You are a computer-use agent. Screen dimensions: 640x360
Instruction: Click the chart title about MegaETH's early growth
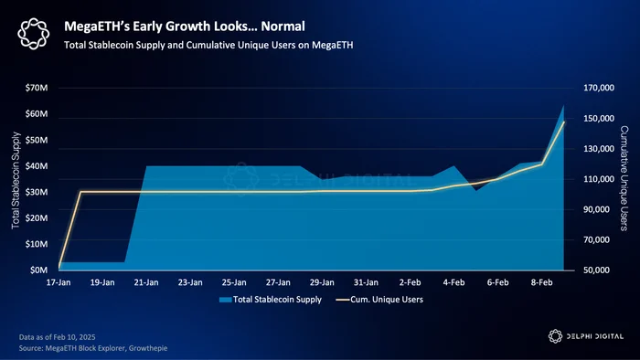pyautogui.click(x=185, y=26)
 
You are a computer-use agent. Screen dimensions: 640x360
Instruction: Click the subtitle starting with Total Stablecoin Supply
pyautogui.click(x=208, y=45)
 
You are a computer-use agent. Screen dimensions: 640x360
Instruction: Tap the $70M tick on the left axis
pyautogui.click(x=37, y=88)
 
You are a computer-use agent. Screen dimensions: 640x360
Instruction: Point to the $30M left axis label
pyautogui.click(x=37, y=192)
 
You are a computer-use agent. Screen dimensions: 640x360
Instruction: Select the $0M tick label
pyautogui.click(x=38, y=270)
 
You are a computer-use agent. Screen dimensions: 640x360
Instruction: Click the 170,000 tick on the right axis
pyautogui.click(x=599, y=88)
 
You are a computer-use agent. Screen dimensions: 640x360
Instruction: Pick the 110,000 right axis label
pyautogui.click(x=599, y=179)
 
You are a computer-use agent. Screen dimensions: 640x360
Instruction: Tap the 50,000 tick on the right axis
pyautogui.click(x=596, y=270)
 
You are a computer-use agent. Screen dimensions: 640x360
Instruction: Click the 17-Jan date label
pyautogui.click(x=59, y=282)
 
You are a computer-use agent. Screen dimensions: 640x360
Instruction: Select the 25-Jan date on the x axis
pyautogui.click(x=234, y=282)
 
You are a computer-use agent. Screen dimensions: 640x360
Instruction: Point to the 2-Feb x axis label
pyautogui.click(x=410, y=282)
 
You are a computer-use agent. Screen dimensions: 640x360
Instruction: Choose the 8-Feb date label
pyautogui.click(x=541, y=282)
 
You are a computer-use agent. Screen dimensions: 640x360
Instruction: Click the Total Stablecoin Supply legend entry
pyautogui.click(x=271, y=300)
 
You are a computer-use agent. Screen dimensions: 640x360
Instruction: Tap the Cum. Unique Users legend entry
pyautogui.click(x=379, y=300)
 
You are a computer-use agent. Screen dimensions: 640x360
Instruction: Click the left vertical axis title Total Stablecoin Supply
pyautogui.click(x=16, y=180)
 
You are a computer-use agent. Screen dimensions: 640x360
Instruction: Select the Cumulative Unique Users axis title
pyautogui.click(x=624, y=178)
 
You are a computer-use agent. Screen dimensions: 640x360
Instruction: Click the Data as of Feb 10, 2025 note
pyautogui.click(x=57, y=337)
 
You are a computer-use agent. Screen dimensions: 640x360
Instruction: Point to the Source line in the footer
pyautogui.click(x=93, y=348)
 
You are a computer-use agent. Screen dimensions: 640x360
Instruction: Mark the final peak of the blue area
pyautogui.click(x=564, y=106)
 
